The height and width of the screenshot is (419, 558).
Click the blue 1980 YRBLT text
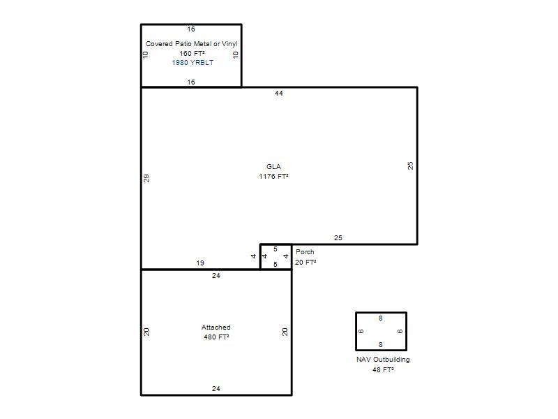(193, 63)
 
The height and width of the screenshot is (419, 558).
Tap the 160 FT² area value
(192, 54)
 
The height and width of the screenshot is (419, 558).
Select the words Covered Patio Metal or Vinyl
(191, 44)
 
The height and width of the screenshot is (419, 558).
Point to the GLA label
(273, 166)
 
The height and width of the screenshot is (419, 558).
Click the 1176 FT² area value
(273, 177)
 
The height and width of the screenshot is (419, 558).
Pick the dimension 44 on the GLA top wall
(278, 94)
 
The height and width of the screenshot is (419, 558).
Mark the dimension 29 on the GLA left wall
(146, 178)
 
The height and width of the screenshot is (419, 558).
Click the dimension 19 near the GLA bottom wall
(200, 263)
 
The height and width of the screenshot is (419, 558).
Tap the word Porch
(305, 252)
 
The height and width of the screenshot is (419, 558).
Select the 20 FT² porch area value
(306, 263)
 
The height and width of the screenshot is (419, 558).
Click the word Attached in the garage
(216, 327)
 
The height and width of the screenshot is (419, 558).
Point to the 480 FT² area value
(216, 337)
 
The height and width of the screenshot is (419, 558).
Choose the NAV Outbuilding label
(383, 360)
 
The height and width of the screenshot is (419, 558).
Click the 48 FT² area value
(383, 370)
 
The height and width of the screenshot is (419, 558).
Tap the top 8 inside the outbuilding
(381, 318)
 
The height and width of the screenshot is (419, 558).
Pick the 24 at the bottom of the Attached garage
(216, 389)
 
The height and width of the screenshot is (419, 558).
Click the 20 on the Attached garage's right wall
(285, 332)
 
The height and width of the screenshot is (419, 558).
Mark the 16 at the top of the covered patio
(191, 29)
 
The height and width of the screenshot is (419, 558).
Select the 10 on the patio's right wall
(235, 54)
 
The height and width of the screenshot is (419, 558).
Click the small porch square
(276, 244)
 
